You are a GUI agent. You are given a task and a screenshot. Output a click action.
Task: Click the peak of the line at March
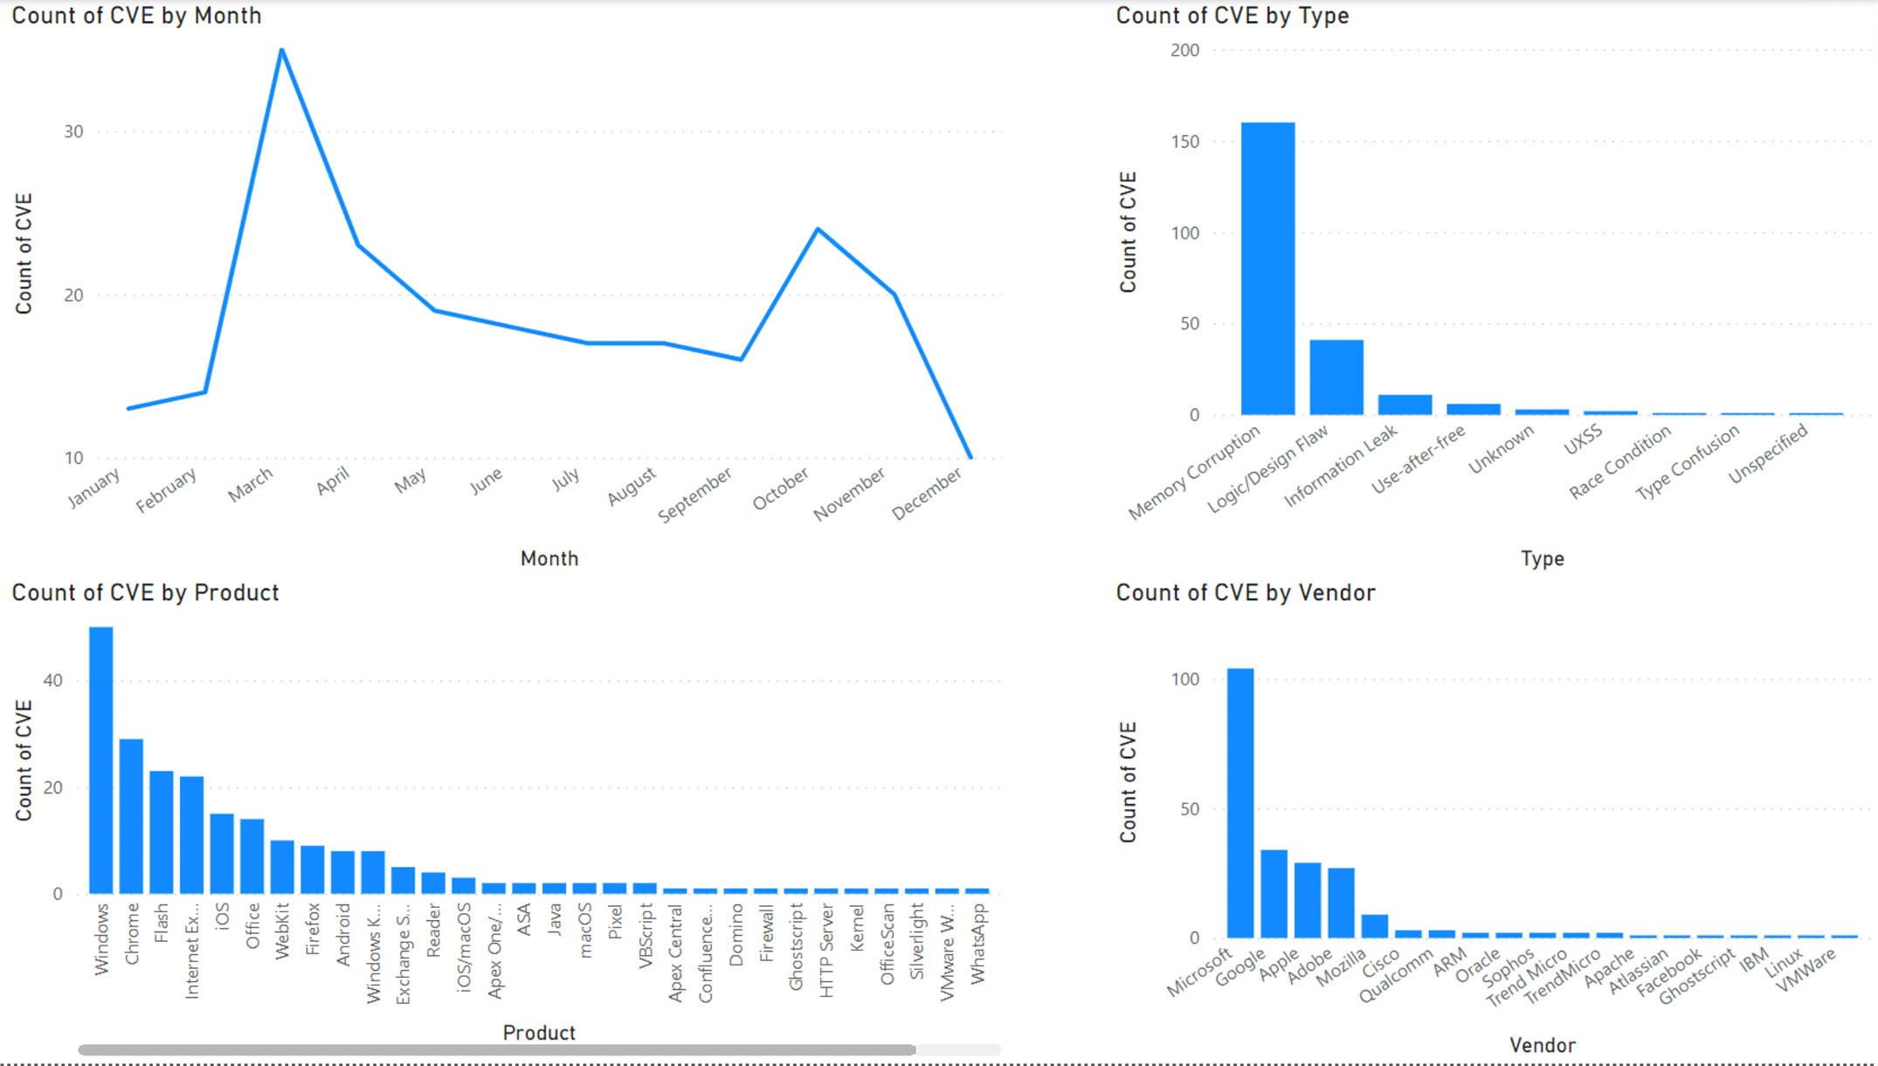click(x=281, y=51)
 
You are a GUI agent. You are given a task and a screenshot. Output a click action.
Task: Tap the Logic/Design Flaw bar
click(x=1336, y=377)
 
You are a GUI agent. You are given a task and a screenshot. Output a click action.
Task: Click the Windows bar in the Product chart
click(x=101, y=759)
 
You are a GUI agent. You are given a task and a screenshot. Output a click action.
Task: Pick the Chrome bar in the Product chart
click(x=131, y=816)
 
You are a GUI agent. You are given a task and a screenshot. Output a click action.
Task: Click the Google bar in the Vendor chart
click(x=1274, y=893)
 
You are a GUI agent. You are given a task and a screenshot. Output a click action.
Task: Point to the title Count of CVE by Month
click(x=136, y=16)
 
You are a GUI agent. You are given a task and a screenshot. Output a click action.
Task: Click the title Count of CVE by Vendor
click(x=1245, y=592)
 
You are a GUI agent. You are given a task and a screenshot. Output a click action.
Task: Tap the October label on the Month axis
click(x=781, y=488)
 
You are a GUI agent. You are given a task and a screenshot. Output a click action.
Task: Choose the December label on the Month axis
click(x=926, y=494)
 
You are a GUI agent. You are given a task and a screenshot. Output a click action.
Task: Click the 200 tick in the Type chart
click(x=1184, y=51)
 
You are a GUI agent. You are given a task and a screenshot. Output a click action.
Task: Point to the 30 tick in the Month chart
click(x=73, y=132)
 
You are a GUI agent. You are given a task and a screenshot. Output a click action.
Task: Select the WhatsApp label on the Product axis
click(x=977, y=944)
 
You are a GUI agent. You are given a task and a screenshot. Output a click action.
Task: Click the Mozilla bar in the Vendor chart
click(x=1375, y=925)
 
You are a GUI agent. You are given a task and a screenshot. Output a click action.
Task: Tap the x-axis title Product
click(x=539, y=1033)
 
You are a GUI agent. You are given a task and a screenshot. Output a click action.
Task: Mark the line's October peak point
click(x=818, y=230)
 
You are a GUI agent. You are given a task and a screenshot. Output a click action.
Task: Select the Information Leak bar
click(x=1405, y=405)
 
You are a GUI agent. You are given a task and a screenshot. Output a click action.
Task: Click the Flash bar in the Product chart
click(x=162, y=832)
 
